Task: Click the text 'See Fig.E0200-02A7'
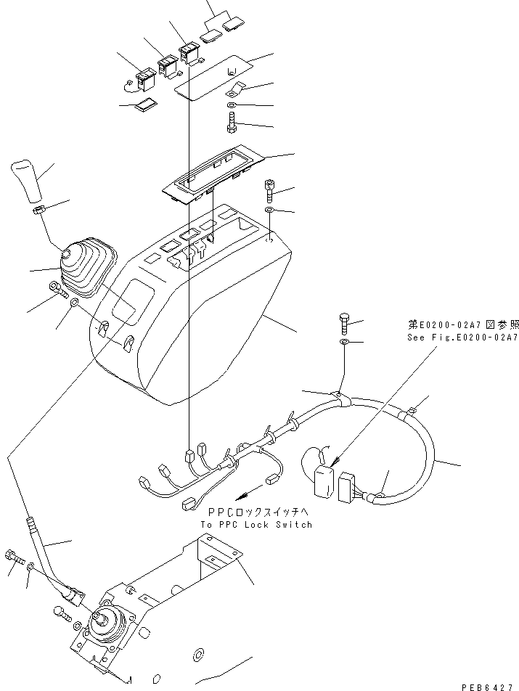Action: point(462,338)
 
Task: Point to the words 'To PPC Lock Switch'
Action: point(256,524)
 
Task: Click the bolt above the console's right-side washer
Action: point(269,191)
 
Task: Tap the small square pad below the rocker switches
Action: point(145,106)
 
